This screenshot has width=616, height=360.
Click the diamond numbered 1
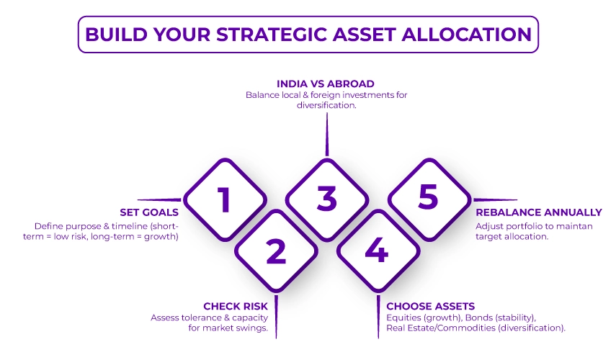tap(225, 199)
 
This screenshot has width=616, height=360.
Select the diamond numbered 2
tap(276, 251)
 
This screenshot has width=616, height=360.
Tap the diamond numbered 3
tap(327, 199)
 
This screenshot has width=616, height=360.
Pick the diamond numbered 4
tap(378, 251)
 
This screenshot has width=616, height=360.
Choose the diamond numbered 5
tap(428, 199)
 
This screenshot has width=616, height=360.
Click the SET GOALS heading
tap(149, 212)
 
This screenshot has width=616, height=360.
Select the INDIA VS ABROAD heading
tap(326, 84)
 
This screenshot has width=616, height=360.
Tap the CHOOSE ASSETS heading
tap(431, 306)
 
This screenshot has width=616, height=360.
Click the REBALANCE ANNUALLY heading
tap(539, 212)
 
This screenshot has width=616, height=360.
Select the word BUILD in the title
tap(112, 34)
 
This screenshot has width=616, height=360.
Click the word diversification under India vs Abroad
tap(326, 105)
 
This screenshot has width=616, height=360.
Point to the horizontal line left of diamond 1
tap(159, 199)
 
